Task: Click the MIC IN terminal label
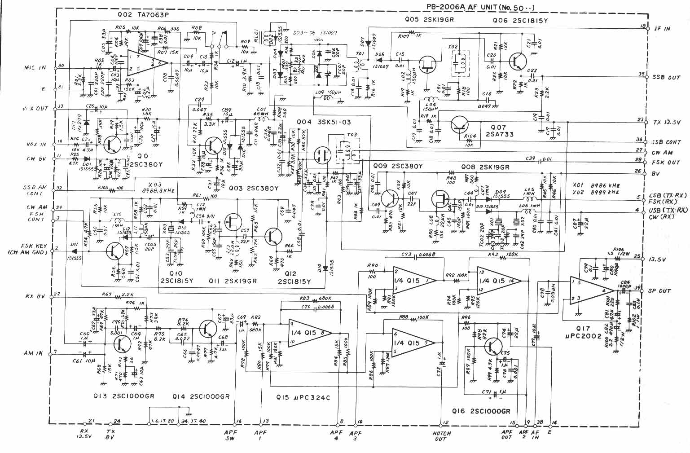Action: pyautogui.click(x=35, y=68)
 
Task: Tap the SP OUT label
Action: pyautogui.click(x=659, y=291)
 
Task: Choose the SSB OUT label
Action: pyautogui.click(x=666, y=77)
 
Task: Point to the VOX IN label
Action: pyautogui.click(x=36, y=145)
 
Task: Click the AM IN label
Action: pyautogui.click(x=33, y=353)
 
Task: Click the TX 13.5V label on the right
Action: pyautogui.click(x=667, y=121)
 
